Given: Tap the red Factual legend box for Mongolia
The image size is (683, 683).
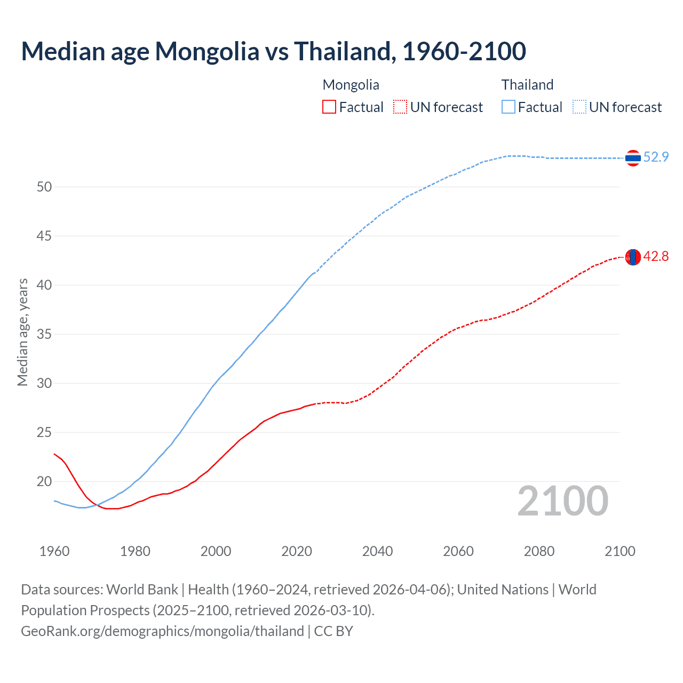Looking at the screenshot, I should coord(329,107).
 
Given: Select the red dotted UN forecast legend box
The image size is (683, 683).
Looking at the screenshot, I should coord(400,107).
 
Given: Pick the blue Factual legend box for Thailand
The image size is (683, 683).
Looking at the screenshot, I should coord(509,107).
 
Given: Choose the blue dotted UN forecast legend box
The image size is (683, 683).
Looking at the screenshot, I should coord(579,107).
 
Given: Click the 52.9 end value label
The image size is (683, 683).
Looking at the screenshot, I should coord(656,157).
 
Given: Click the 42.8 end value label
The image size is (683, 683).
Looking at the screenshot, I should coord(656,257).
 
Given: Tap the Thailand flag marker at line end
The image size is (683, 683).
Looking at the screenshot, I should coord(633,158).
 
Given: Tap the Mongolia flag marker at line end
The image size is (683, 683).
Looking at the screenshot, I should coord(633,257).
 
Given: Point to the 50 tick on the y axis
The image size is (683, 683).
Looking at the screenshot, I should coord(44,187).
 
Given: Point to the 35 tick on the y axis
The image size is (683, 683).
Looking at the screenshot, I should coord(44,334).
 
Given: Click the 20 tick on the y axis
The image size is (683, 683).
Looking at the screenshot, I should coord(44,481).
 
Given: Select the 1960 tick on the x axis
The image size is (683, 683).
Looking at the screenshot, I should coord(54,551).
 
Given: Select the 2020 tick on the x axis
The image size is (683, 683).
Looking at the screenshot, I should coord(297,551).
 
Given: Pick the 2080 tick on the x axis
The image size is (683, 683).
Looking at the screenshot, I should coord(539,551).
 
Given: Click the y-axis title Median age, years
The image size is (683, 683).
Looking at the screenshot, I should coord(22,332).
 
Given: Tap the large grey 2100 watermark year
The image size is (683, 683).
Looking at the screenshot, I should coord(562,501).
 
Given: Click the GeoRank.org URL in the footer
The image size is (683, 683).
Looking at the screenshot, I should coord(162,631).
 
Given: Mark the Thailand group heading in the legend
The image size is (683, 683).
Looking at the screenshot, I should coord(527,85).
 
